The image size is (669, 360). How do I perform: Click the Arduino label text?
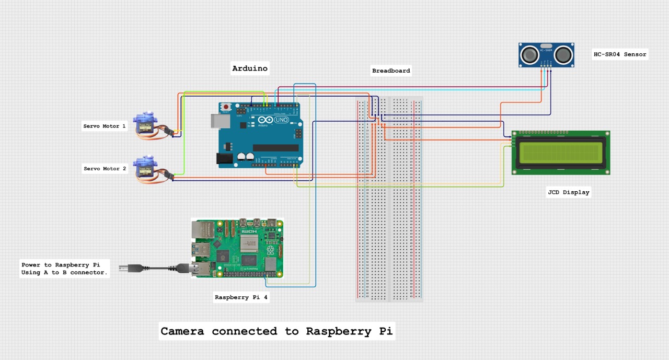(250, 68)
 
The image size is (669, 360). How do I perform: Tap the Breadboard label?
(391, 71)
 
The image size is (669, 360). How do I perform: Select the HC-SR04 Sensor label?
(620, 54)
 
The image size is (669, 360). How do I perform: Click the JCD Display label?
(568, 192)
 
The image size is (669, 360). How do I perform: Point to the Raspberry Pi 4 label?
(241, 297)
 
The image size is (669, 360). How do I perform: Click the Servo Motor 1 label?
(105, 126)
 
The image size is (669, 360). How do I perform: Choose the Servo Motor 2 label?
(105, 169)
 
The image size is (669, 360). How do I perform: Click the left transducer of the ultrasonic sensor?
(531, 54)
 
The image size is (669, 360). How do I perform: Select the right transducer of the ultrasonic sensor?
(563, 54)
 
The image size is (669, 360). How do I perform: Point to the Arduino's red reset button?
(226, 107)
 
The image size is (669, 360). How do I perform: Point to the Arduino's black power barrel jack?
(225, 159)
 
